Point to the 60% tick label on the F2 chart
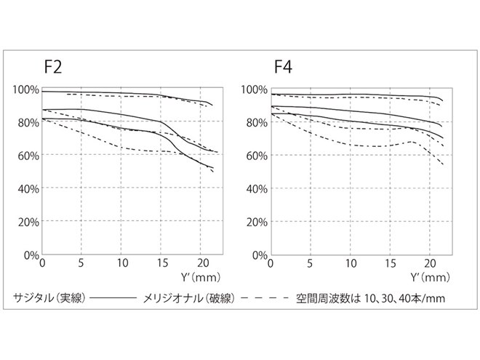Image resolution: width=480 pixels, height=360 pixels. (28, 156)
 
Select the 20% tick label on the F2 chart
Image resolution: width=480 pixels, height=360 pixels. (28, 222)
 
